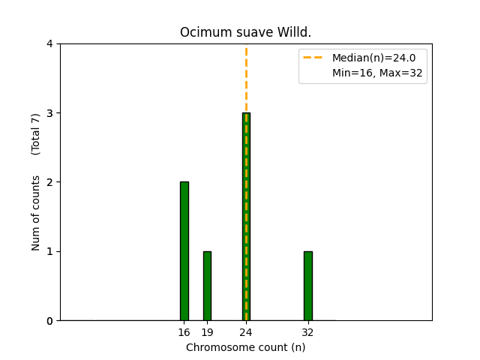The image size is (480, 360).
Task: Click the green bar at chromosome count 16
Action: point(184,250)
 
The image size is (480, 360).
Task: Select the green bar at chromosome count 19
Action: point(207,286)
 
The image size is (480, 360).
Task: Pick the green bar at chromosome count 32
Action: point(307,286)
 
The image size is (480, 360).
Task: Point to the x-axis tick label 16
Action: point(184,332)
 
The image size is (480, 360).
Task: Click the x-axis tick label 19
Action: point(207,332)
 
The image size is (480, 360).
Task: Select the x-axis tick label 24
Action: point(246,332)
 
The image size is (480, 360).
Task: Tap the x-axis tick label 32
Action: point(307,332)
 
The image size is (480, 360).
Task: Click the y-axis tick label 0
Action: point(49,321)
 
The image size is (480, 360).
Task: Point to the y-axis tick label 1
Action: point(49,251)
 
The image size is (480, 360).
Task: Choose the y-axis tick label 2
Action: point(49,182)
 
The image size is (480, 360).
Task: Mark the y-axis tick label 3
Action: point(49,113)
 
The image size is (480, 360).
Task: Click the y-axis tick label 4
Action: point(49,44)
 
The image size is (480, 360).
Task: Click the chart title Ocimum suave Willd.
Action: point(246,33)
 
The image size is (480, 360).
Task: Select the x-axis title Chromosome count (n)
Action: point(246,347)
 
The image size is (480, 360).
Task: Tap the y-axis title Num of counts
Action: point(36,213)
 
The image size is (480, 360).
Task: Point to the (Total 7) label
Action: point(36,134)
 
